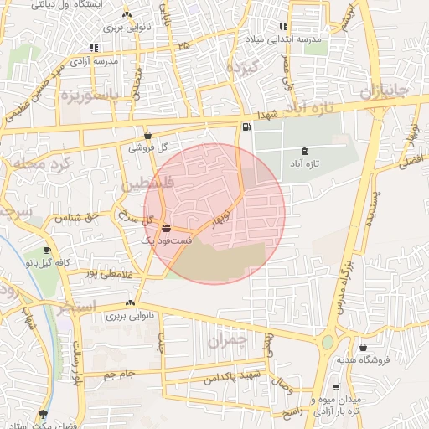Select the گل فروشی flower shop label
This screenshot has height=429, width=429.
pos(148,147)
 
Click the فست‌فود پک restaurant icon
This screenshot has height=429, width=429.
pos(166,228)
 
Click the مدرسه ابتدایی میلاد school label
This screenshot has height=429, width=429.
pos(284,39)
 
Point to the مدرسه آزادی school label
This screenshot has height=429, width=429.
pos(93,61)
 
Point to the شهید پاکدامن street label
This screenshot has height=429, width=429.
pos(232,376)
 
